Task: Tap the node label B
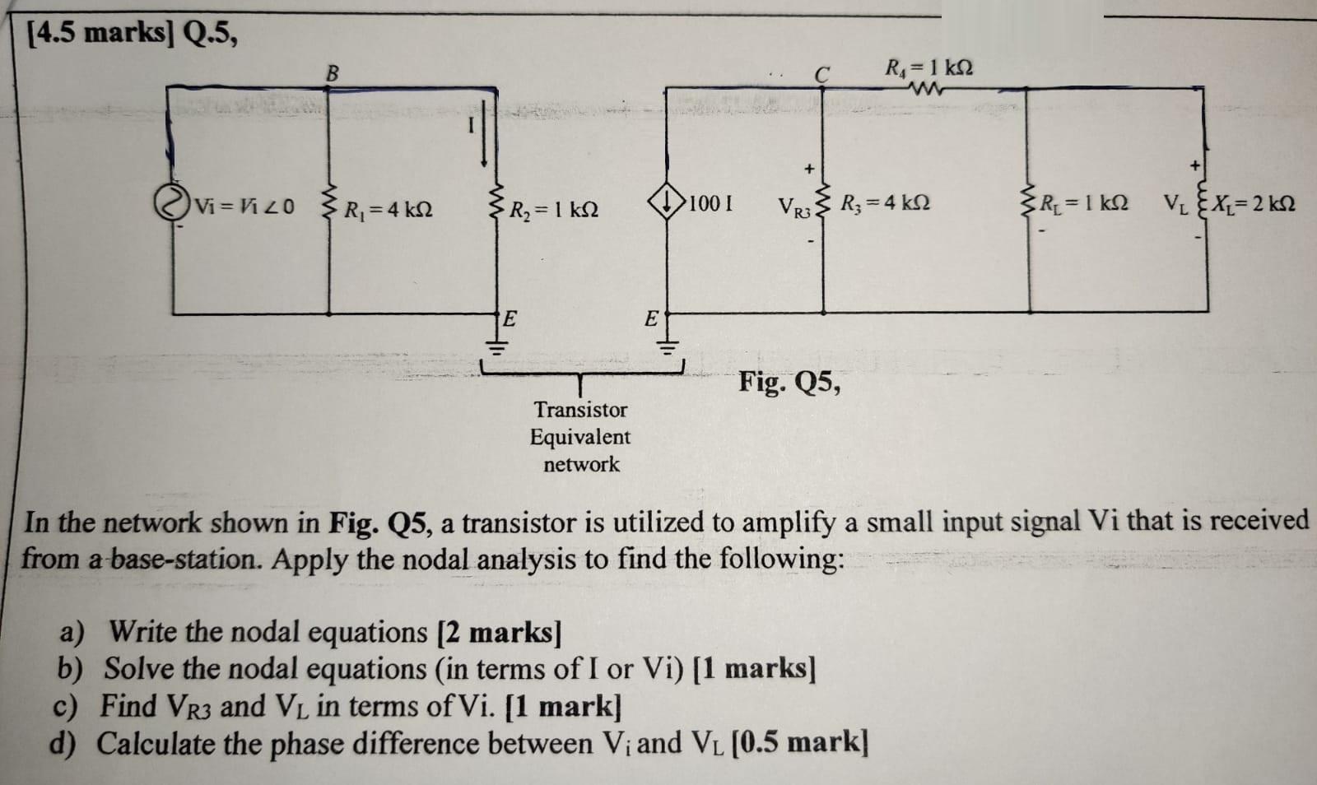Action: pos(332,73)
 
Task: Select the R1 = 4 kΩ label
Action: pos(388,210)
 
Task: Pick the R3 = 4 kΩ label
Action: pos(886,202)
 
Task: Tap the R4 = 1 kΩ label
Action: pos(928,67)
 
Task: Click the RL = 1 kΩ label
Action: pos(1083,202)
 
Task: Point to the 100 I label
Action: pos(712,202)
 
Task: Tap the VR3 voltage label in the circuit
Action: pos(794,206)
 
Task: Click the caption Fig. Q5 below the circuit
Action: pos(789,383)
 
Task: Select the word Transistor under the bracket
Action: pos(580,410)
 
